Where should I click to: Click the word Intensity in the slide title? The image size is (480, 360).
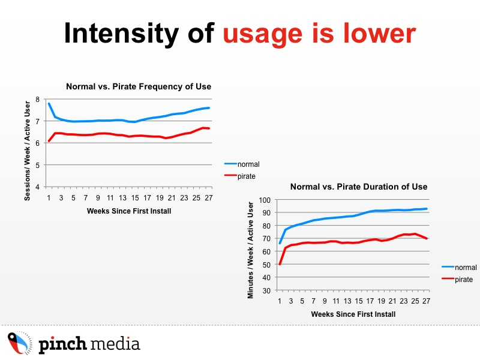pyautogui.click(x=121, y=34)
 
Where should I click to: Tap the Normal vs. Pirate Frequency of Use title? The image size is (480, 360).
pyautogui.click(x=139, y=86)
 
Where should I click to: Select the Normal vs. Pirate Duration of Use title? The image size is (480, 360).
pyautogui.click(x=359, y=187)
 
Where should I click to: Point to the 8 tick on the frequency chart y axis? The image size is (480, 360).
pyautogui.click(x=38, y=99)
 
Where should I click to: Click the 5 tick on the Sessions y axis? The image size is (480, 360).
pyautogui.click(x=38, y=165)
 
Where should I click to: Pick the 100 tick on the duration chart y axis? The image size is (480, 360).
pyautogui.click(x=265, y=200)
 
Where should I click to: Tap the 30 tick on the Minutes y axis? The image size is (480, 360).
pyautogui.click(x=266, y=290)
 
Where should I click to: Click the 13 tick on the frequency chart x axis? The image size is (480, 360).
pyautogui.click(x=123, y=198)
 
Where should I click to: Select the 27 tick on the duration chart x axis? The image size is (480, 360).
pyautogui.click(x=426, y=301)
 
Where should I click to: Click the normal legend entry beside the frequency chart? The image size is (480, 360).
pyautogui.click(x=242, y=164)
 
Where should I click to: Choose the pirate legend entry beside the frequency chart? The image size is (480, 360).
pyautogui.click(x=239, y=176)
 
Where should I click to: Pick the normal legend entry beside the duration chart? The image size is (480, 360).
pyautogui.click(x=459, y=267)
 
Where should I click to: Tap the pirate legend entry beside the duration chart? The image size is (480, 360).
pyautogui.click(x=457, y=279)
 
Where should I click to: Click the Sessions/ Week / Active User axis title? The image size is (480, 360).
pyautogui.click(x=27, y=151)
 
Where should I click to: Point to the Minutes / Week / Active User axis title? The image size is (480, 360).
pyautogui.click(x=250, y=250)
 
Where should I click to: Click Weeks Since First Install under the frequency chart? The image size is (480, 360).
pyautogui.click(x=129, y=211)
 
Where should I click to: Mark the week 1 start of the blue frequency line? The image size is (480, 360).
pyautogui.click(x=49, y=103)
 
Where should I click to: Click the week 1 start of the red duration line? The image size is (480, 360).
pyautogui.click(x=280, y=264)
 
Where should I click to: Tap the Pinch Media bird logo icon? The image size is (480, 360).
pyautogui.click(x=20, y=343)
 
